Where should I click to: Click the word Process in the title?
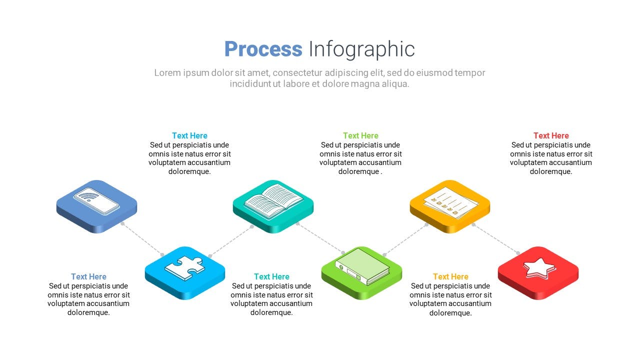pyautogui.click(x=263, y=49)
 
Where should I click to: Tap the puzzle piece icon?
pyautogui.click(x=185, y=268)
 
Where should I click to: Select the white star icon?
pyautogui.click(x=539, y=267)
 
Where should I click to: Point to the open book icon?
pyautogui.click(x=273, y=201)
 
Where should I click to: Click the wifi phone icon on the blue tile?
pyautogui.click(x=96, y=200)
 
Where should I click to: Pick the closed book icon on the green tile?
pyautogui.click(x=362, y=266)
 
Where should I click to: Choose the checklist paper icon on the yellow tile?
pyautogui.click(x=450, y=202)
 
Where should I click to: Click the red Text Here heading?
pyautogui.click(x=551, y=135)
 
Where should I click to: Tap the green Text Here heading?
pyautogui.click(x=360, y=135)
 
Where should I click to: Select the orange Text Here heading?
pyautogui.click(x=450, y=276)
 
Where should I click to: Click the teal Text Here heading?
pyautogui.click(x=271, y=276)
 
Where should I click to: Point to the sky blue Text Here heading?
pyautogui.click(x=189, y=135)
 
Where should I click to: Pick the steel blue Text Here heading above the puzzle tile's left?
pyautogui.click(x=88, y=276)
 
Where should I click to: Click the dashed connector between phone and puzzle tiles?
pyautogui.click(x=142, y=239)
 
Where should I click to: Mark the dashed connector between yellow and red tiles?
pyautogui.click(x=495, y=239)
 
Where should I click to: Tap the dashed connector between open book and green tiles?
pyautogui.click(x=320, y=238)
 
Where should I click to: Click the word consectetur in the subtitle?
pyautogui.click(x=297, y=73)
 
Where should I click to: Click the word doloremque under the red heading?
pyautogui.click(x=551, y=171)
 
